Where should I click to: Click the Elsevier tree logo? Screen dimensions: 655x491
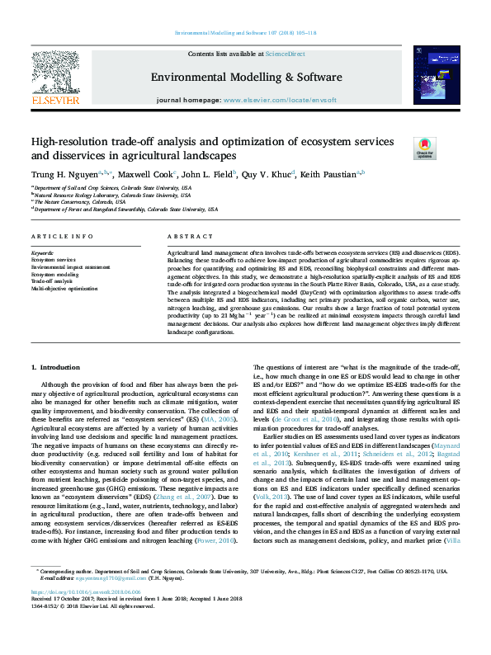pyautogui.click(x=55, y=73)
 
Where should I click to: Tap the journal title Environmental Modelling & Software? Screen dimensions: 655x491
pyautogui.click(x=245, y=76)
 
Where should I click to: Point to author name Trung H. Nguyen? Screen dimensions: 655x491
pyautogui.click(x=64, y=175)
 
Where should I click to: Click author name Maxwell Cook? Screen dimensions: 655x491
pyautogui.click(x=146, y=175)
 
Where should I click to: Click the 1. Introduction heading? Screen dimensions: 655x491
pyautogui.click(x=54, y=366)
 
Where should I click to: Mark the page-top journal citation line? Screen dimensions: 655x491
pyautogui.click(x=245, y=34)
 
